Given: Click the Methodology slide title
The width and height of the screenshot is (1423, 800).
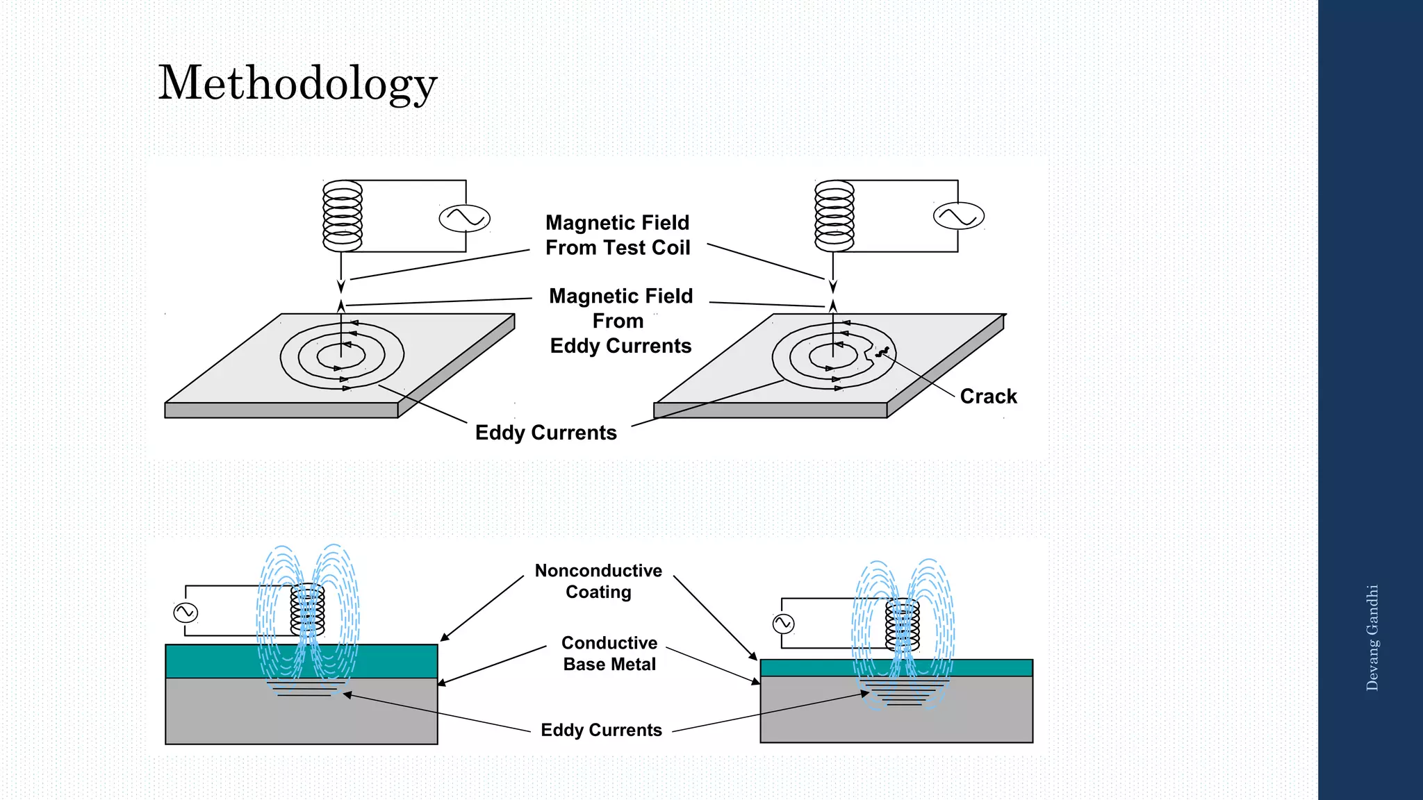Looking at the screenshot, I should [297, 83].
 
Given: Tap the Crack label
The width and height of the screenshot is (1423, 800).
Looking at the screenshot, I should [988, 397].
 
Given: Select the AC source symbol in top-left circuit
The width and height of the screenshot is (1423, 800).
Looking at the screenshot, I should [465, 218].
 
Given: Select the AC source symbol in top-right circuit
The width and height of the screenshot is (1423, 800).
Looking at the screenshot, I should [958, 216].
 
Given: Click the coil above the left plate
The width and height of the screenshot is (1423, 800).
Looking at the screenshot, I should [343, 216].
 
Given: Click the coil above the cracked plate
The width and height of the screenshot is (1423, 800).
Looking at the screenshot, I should [834, 216].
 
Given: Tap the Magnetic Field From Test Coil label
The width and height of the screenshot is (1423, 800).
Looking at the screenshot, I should [617, 235].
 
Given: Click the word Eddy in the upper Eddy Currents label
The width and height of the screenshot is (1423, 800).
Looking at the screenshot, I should [500, 433].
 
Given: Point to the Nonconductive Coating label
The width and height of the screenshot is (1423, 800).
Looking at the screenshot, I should [598, 581].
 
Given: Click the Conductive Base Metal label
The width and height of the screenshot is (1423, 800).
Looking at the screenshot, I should [609, 653].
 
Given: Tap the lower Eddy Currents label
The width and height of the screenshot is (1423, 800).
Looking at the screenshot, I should [601, 730].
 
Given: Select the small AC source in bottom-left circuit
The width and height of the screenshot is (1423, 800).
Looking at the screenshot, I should [186, 612].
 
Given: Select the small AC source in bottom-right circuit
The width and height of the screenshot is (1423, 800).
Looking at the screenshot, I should [783, 624].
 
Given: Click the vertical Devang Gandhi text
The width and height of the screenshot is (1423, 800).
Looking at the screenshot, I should [1372, 637].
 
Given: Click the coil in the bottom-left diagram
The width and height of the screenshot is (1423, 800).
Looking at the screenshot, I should [307, 609].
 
